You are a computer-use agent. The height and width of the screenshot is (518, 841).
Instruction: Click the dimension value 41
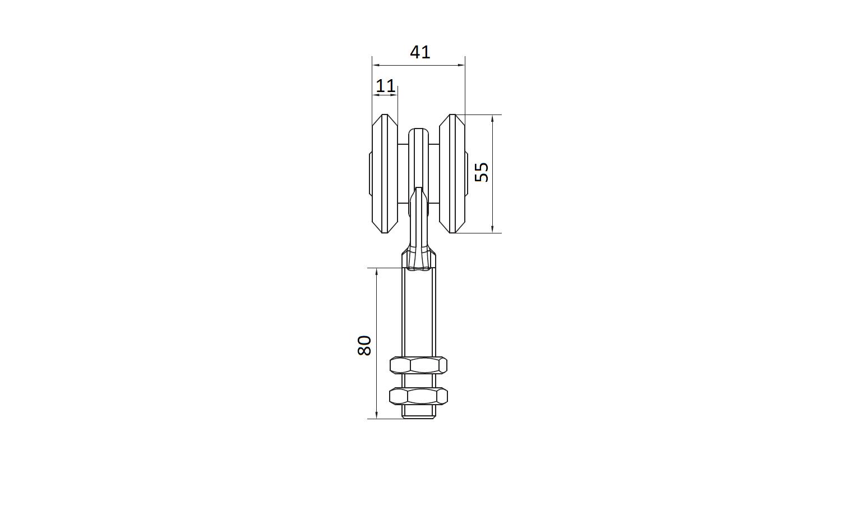click(420, 52)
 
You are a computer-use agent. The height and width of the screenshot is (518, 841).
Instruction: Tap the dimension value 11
click(386, 86)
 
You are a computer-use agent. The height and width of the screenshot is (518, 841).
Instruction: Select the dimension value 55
click(482, 172)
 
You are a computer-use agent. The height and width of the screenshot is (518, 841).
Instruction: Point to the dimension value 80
click(364, 346)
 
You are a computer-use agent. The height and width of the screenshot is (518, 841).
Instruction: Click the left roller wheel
click(385, 173)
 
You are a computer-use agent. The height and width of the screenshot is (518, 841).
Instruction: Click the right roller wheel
click(452, 173)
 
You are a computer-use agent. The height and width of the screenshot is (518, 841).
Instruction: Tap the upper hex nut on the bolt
click(419, 365)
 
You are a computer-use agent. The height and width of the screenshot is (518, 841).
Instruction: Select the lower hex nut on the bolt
click(419, 396)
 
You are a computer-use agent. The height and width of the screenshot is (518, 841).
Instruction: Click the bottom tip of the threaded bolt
click(419, 418)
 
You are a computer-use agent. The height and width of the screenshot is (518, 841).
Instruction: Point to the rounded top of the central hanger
click(419, 130)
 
